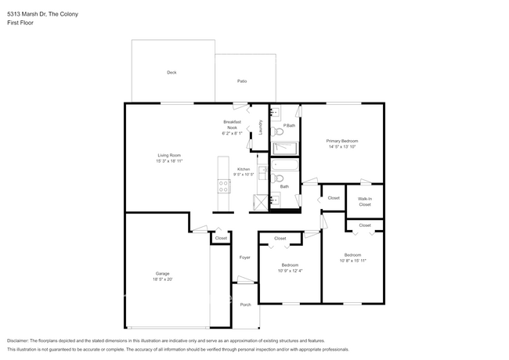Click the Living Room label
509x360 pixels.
[170, 155]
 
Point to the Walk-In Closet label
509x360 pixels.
[365, 201]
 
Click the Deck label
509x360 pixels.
[171, 72]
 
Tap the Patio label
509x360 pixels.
[242, 81]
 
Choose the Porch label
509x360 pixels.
[245, 304]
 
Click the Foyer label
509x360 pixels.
[244, 257]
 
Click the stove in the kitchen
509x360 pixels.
[212, 186]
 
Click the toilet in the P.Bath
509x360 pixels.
[279, 133]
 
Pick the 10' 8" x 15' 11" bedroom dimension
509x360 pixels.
[354, 260]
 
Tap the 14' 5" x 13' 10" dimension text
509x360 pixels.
[341, 146]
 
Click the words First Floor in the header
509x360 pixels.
[20, 23]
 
